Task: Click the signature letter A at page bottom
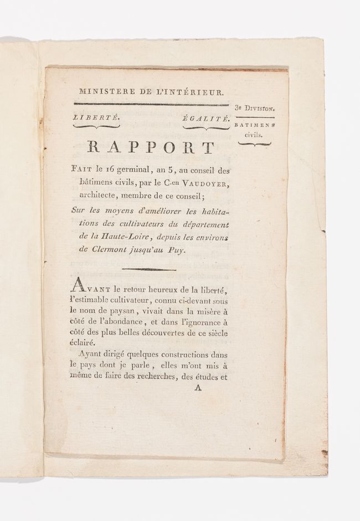point(196,388)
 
